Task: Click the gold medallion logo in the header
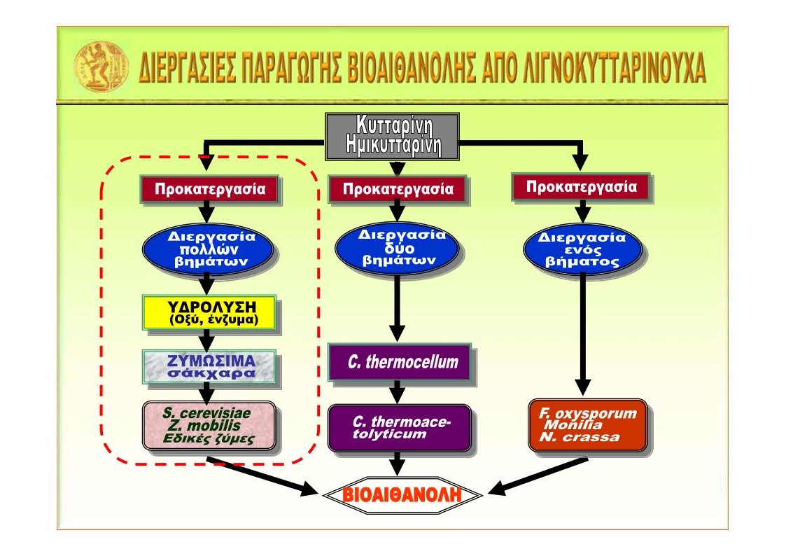point(101,67)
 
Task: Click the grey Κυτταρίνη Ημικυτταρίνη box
point(393,137)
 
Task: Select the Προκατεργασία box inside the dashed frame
point(210,189)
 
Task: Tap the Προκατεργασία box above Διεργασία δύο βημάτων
point(398,189)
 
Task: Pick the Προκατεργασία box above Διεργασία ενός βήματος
point(581,187)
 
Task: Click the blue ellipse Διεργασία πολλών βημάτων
point(208,249)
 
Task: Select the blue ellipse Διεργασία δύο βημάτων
point(397,248)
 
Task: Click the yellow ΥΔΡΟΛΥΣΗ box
point(209,312)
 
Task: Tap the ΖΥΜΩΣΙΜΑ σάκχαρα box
point(209,367)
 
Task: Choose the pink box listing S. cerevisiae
point(209,425)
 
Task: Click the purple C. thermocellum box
point(400,361)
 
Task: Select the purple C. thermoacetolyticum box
point(400,428)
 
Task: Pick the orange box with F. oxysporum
point(588,425)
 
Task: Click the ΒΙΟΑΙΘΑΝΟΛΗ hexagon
point(402,495)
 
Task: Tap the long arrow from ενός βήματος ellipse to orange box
point(582,334)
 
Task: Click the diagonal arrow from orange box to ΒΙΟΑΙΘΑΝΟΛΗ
point(538,477)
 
